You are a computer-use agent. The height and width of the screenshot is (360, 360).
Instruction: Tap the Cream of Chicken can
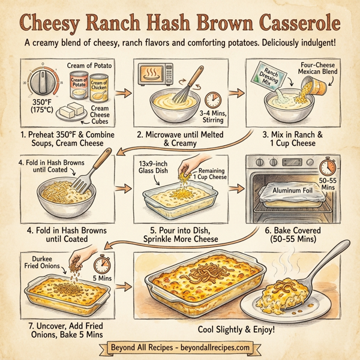click(100, 89)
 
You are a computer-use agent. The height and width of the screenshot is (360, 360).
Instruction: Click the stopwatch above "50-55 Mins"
click(327, 166)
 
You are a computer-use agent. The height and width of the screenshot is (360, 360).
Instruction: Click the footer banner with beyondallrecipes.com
click(180, 348)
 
